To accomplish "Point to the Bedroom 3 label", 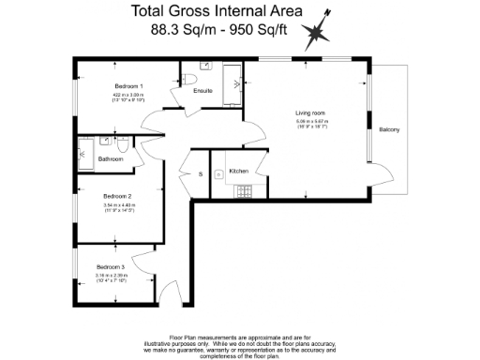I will (110, 267).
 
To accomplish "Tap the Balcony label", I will (389, 129).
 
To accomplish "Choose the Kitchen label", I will (239, 171).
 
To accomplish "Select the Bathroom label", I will (111, 159).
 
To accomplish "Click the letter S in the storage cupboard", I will (201, 174).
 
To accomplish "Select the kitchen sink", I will (217, 173).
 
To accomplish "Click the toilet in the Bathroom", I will (124, 143).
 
